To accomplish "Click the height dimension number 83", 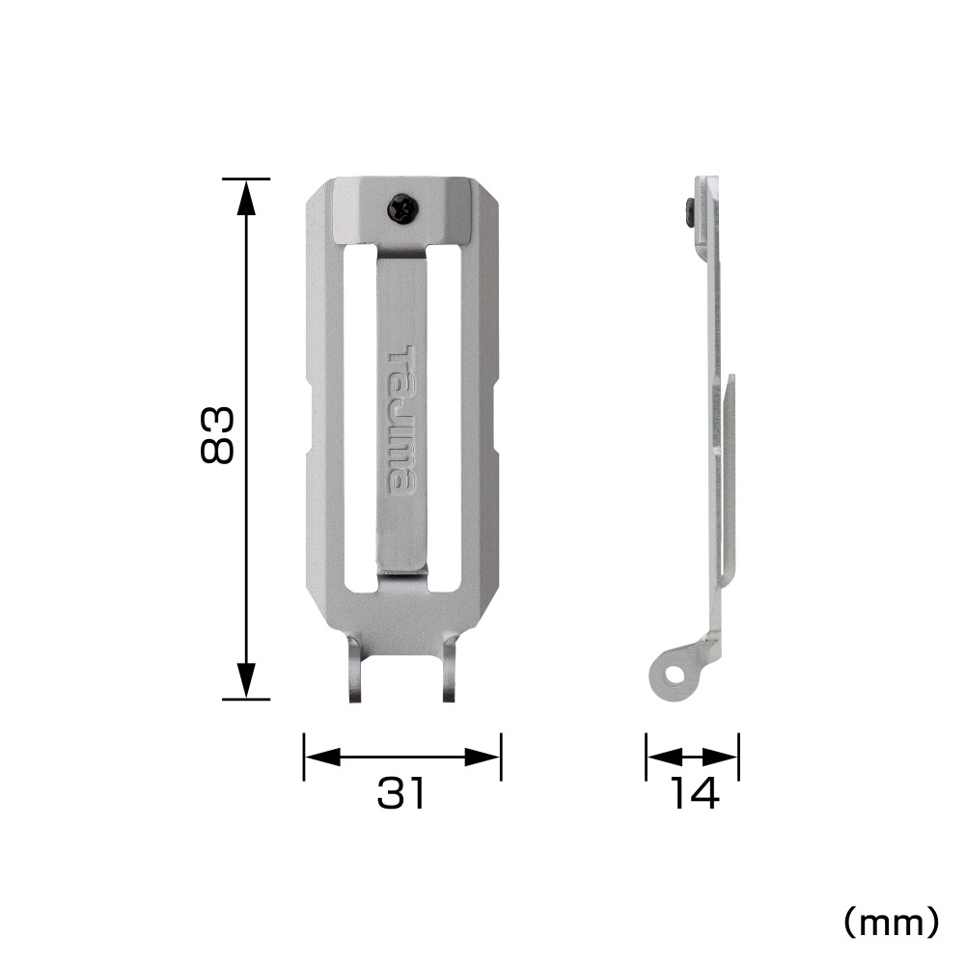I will (x=217, y=435).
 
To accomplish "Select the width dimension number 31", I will (x=400, y=794).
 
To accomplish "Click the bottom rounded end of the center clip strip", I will (x=400, y=571).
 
